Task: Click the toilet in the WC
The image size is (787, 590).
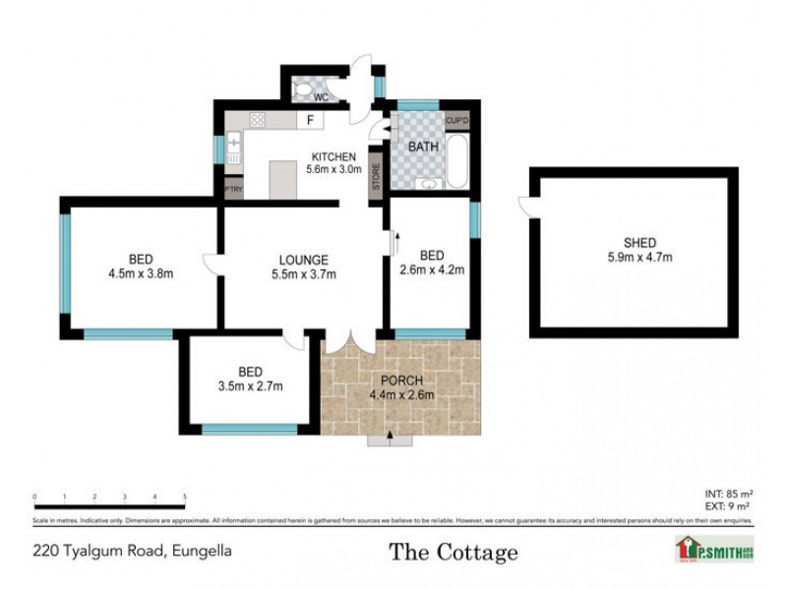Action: click(x=303, y=91)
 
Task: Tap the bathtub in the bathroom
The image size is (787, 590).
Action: click(x=459, y=161)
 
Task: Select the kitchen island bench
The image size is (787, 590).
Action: click(x=282, y=179)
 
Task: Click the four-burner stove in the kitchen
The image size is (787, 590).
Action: click(x=258, y=120)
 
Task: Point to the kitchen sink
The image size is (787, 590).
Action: click(x=234, y=145)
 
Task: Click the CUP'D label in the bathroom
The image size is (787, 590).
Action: click(x=457, y=121)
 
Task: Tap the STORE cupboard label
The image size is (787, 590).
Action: click(x=376, y=178)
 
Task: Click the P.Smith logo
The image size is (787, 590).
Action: click(x=714, y=548)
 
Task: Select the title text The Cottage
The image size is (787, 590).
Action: click(x=453, y=552)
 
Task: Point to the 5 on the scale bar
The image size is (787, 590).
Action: click(x=185, y=497)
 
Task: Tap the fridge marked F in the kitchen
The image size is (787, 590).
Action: click(x=310, y=121)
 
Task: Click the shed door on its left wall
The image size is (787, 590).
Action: click(x=526, y=206)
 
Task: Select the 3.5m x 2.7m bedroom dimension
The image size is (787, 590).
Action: click(x=250, y=385)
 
